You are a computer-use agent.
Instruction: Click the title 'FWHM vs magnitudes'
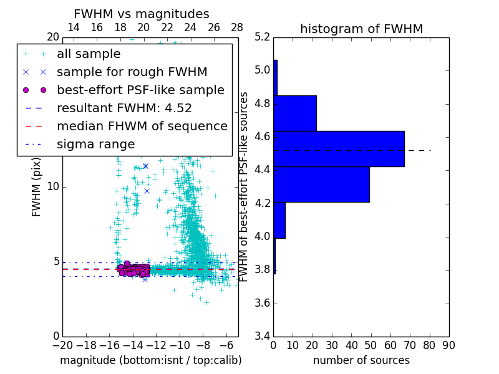point(141,14)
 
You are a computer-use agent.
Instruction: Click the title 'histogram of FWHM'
point(361,29)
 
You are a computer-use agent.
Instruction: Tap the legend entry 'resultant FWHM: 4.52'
point(124,108)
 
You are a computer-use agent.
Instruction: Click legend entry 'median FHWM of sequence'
point(142,126)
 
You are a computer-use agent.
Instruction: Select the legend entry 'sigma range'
point(95,144)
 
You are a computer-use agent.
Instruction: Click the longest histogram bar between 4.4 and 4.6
point(339,149)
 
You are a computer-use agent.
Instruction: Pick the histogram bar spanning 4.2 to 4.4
point(321,185)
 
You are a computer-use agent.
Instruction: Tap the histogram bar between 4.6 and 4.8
point(295,113)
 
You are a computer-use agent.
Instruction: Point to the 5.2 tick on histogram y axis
point(263,37)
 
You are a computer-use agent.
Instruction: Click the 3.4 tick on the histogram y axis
point(263,337)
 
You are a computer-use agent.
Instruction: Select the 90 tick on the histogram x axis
point(448,345)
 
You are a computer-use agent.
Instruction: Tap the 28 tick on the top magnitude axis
point(238,27)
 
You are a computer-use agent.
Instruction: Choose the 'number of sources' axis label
point(361,360)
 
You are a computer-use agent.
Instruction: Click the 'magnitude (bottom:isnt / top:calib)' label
point(150,360)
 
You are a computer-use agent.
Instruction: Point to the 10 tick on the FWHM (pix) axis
point(52,187)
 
